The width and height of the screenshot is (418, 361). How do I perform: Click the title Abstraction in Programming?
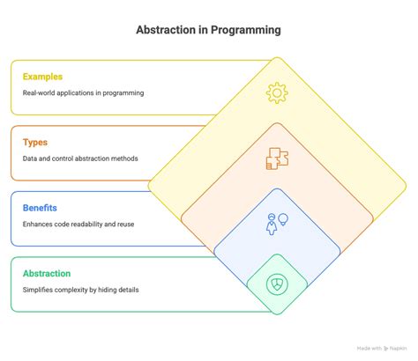click(208, 30)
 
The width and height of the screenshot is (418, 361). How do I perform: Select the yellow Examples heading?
click(42, 77)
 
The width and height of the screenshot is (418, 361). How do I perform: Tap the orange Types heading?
click(35, 143)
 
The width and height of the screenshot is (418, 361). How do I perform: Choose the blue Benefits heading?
click(40, 208)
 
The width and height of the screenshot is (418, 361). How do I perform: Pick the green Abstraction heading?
click(47, 274)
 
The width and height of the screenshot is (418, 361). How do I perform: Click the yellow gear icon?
click(277, 93)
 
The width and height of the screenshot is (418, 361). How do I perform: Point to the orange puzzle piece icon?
click(277, 158)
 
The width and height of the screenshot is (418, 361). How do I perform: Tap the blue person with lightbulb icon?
click(277, 225)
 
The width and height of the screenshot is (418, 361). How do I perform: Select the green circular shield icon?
click(277, 284)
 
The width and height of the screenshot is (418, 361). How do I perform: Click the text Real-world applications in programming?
click(83, 93)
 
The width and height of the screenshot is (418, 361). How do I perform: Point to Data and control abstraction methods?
click(80, 158)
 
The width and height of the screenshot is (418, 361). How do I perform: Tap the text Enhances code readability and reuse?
click(78, 225)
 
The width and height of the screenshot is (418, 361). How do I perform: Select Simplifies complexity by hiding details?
click(80, 290)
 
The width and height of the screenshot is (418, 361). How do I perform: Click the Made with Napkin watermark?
click(382, 349)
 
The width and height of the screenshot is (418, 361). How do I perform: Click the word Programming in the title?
click(246, 30)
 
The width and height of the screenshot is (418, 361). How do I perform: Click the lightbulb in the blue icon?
click(283, 219)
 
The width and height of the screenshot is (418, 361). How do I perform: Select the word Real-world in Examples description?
click(39, 93)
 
